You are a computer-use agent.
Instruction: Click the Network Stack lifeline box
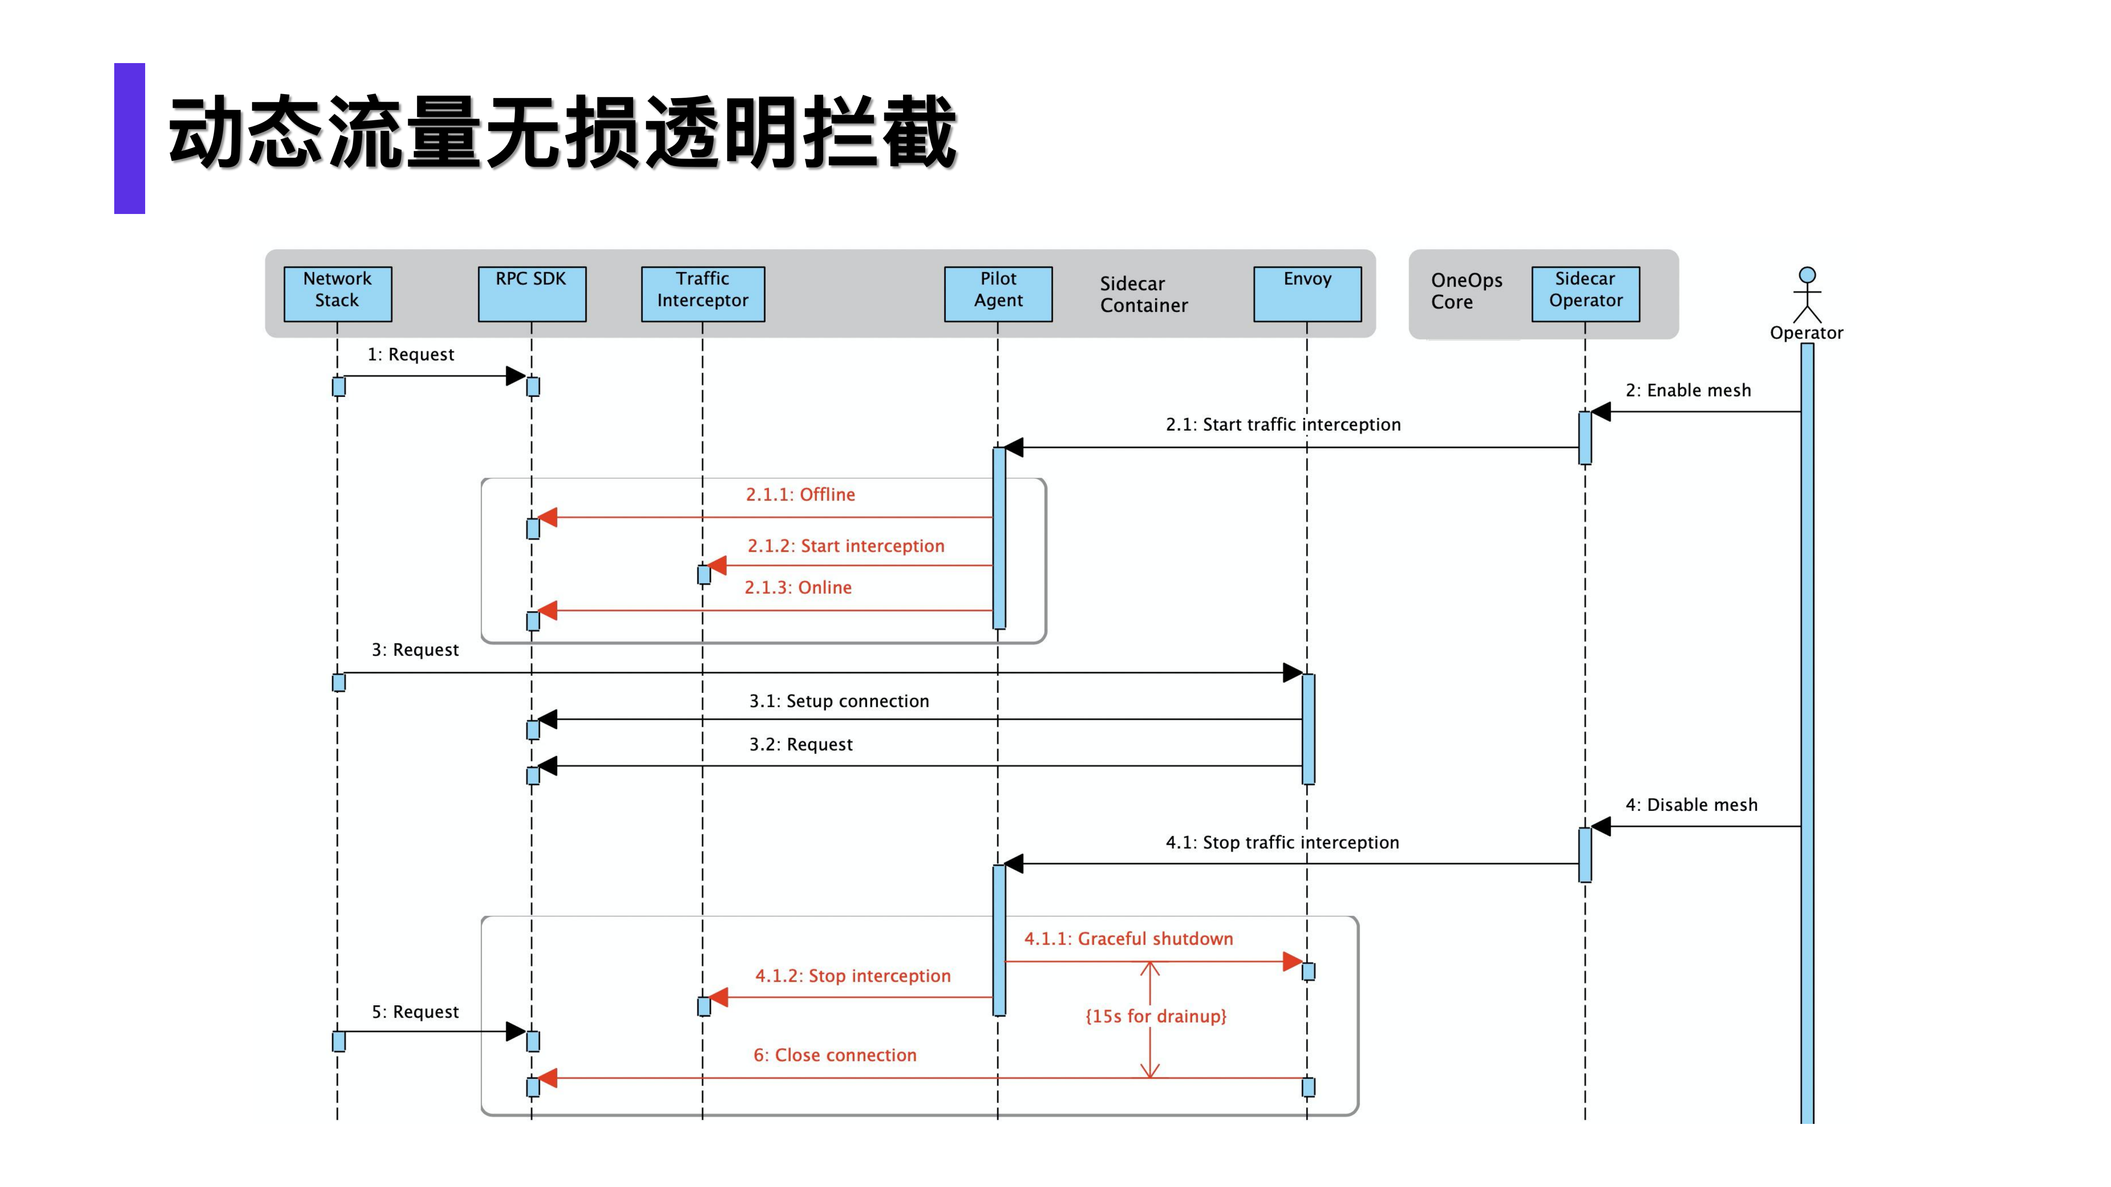coord(338,293)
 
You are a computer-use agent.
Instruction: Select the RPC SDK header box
coord(532,293)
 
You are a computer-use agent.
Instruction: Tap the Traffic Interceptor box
coord(702,293)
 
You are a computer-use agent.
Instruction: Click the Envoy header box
coord(1307,293)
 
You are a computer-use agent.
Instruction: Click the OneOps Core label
coord(1466,291)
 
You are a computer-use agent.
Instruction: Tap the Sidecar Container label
coord(1143,294)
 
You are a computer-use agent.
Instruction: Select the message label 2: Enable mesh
coord(1688,390)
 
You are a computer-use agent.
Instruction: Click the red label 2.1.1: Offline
coord(800,494)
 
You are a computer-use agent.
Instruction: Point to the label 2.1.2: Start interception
coord(846,545)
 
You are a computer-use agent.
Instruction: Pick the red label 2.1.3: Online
coord(798,588)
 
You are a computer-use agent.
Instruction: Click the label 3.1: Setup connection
coord(839,700)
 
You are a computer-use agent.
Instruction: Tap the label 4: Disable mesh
coord(1692,804)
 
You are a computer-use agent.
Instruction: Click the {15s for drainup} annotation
coord(1156,1016)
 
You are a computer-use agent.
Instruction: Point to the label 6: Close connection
coord(834,1055)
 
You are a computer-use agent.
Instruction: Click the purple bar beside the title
coord(129,139)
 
